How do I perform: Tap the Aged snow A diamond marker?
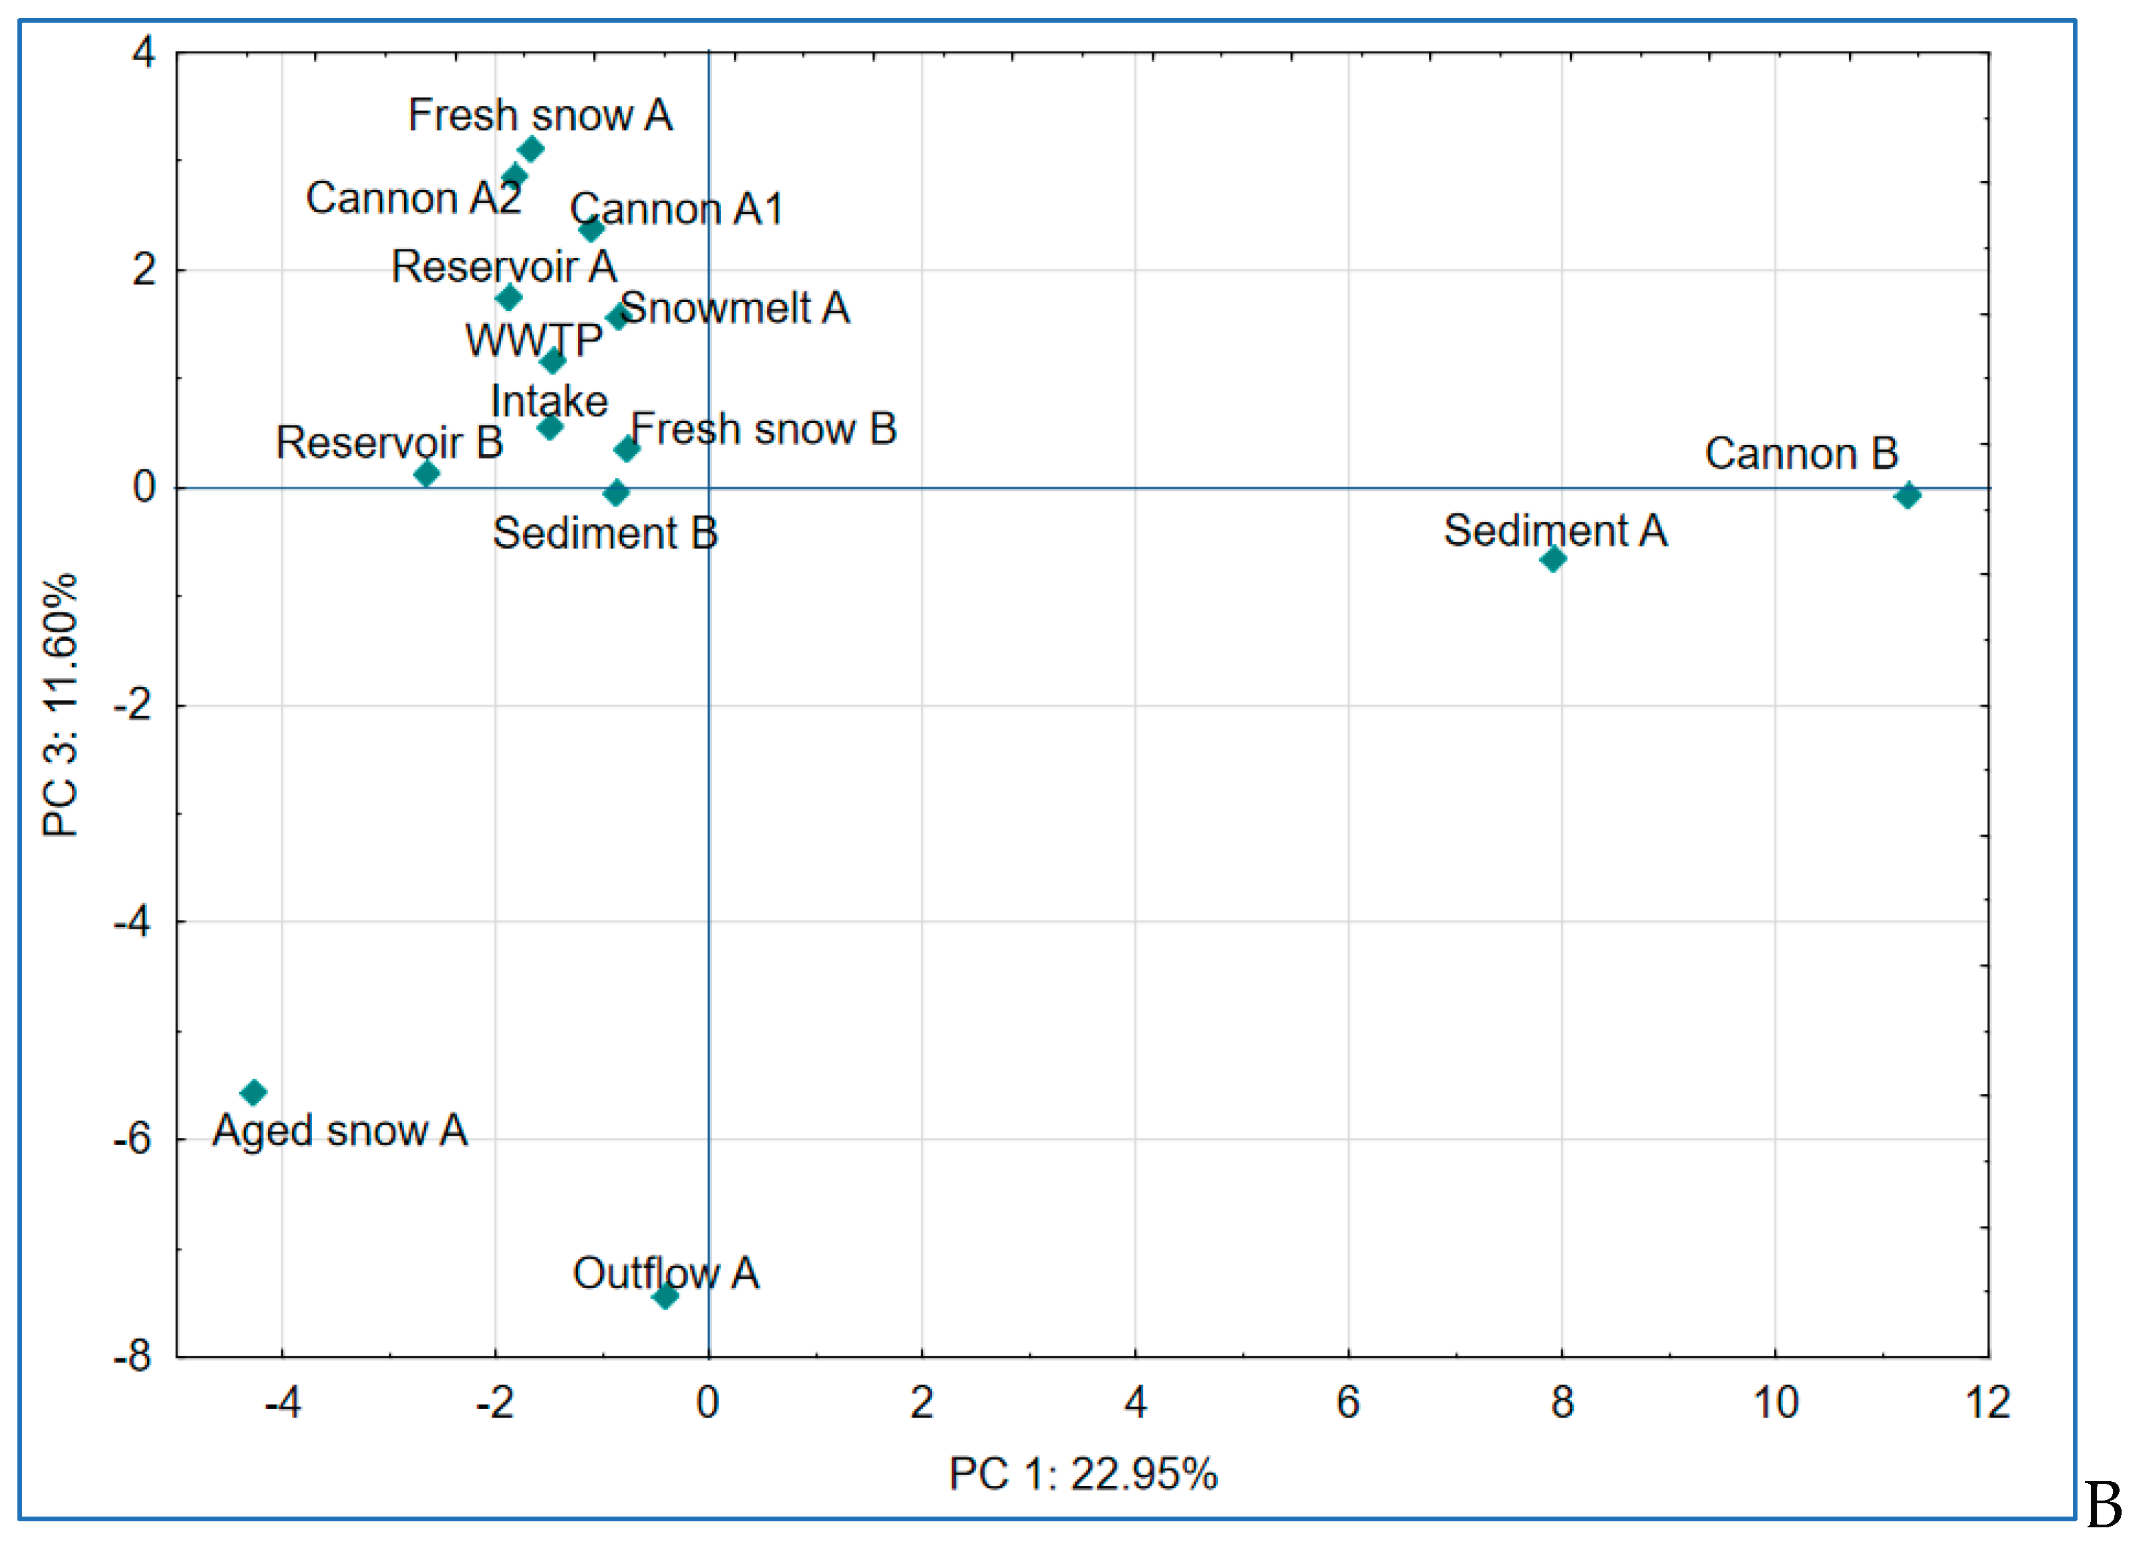(x=253, y=1093)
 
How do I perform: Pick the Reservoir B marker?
(x=427, y=473)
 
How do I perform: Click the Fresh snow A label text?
(x=540, y=116)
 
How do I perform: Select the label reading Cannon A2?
(x=414, y=199)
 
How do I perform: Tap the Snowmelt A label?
(x=735, y=308)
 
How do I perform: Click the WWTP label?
(x=534, y=341)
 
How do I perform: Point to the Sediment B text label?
(x=605, y=533)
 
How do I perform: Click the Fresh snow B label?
(x=764, y=430)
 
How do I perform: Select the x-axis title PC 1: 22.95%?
(x=1083, y=1474)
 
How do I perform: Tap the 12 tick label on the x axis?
(x=1987, y=1402)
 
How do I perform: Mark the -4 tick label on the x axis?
(x=282, y=1402)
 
